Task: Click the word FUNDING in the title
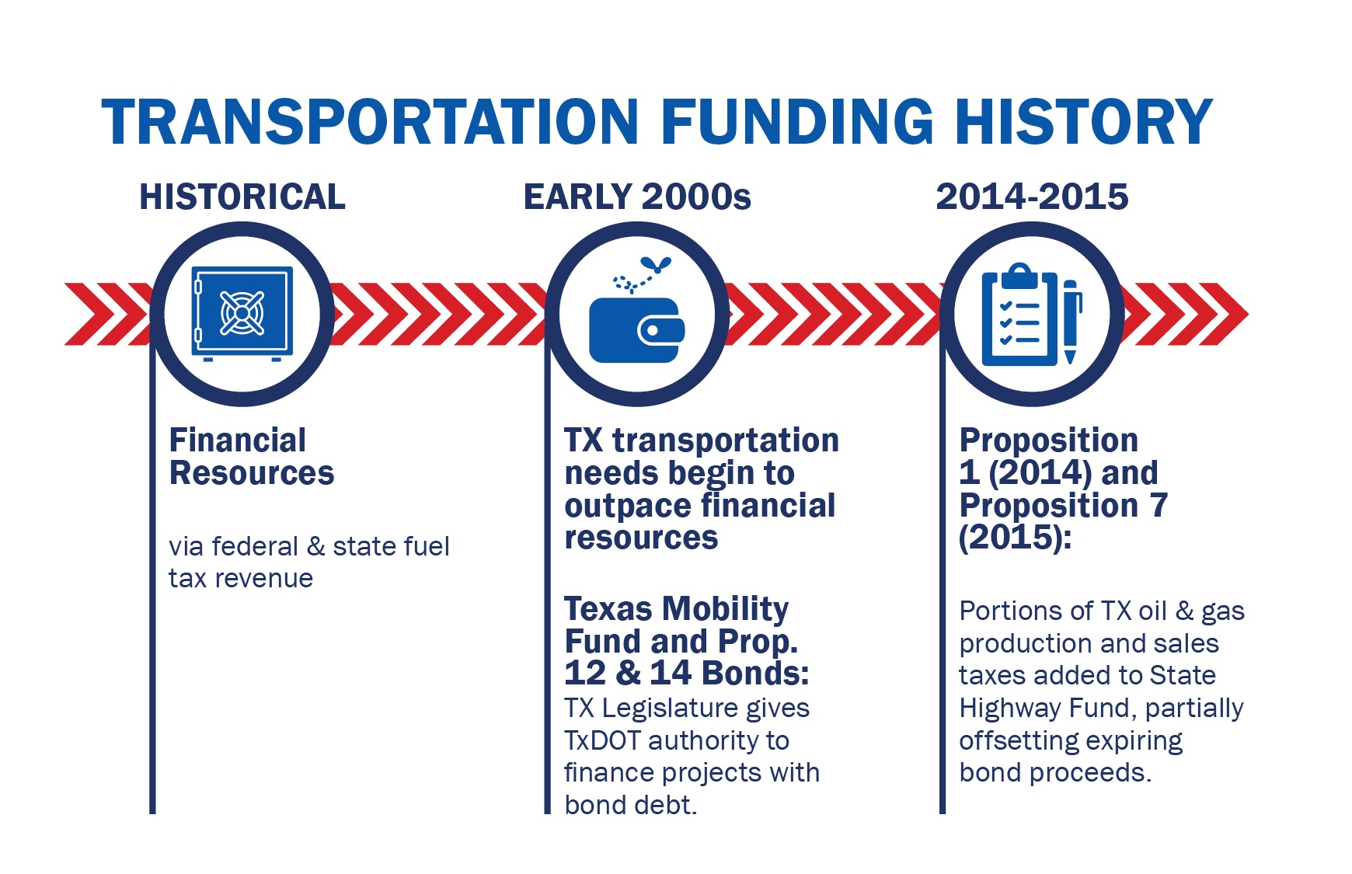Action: click(796, 123)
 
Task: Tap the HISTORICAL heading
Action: click(242, 197)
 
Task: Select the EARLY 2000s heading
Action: click(637, 197)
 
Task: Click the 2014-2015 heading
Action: click(1032, 197)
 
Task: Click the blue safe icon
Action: click(242, 314)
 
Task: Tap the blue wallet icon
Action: click(636, 330)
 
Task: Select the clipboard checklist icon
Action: click(1019, 316)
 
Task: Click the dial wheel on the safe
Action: click(242, 312)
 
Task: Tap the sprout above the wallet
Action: click(656, 265)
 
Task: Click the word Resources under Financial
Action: click(252, 473)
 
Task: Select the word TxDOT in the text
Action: click(603, 740)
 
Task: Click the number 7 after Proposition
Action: click(1159, 505)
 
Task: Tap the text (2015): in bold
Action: click(1015, 538)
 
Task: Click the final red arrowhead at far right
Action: click(1228, 314)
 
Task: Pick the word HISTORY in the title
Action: click(1083, 123)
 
